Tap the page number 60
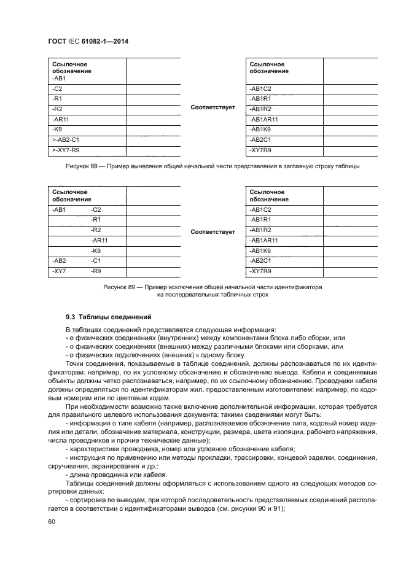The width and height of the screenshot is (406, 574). pyautogui.click(x=51, y=521)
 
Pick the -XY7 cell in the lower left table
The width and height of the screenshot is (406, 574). pyautogui.click(x=60, y=271)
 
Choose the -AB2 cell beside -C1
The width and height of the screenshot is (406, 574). pyautogui.click(x=60, y=261)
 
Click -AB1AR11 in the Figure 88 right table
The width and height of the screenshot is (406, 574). pyautogui.click(x=264, y=119)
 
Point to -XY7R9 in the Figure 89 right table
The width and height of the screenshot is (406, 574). pyautogui.click(x=261, y=271)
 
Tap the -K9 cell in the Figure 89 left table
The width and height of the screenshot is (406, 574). pyautogui.click(x=96, y=251)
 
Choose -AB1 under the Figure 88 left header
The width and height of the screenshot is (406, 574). pyautogui.click(x=60, y=79)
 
